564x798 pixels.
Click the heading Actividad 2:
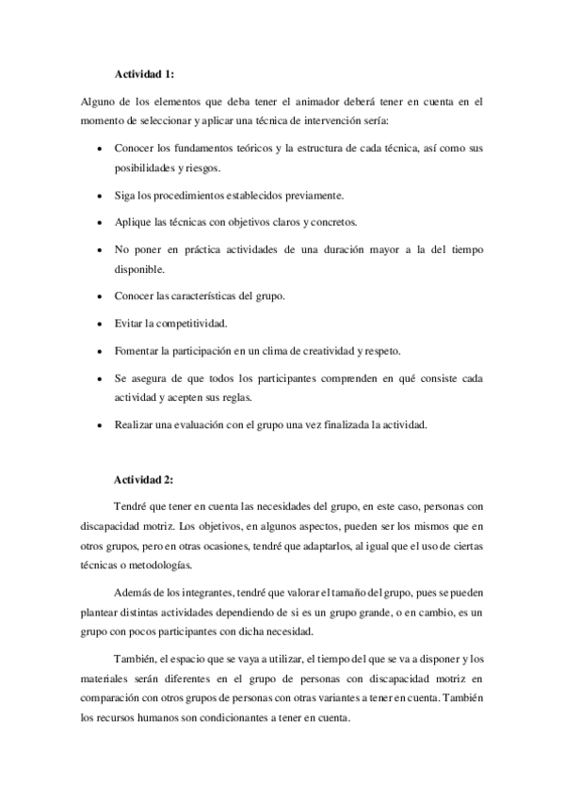pyautogui.click(x=144, y=479)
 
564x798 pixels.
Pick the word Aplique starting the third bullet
pyautogui.click(x=133, y=223)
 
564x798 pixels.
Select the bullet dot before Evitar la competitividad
pyautogui.click(x=101, y=324)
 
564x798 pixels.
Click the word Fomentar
pyautogui.click(x=138, y=351)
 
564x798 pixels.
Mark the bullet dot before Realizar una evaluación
pyautogui.click(x=101, y=425)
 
